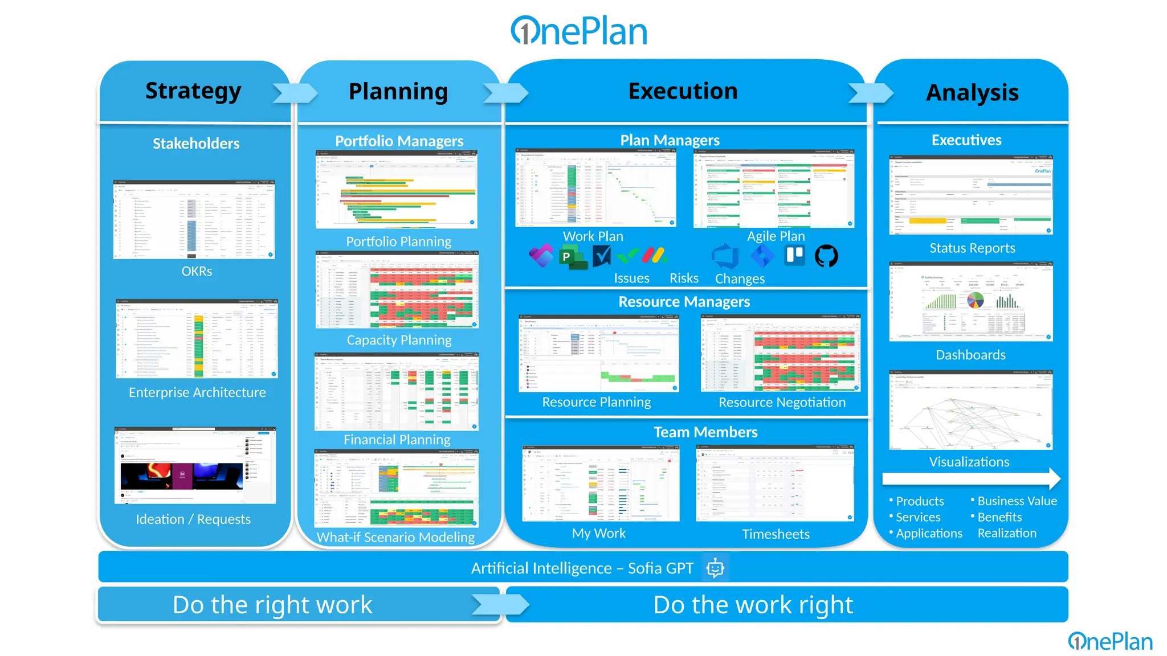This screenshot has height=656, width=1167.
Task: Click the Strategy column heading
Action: (193, 91)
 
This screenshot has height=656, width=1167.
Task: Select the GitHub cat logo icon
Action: (826, 256)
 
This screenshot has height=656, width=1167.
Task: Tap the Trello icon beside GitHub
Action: (795, 256)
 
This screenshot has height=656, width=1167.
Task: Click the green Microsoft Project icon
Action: (572, 257)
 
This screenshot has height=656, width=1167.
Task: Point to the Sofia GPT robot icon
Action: (715, 568)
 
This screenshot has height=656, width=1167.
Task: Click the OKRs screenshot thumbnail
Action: (194, 220)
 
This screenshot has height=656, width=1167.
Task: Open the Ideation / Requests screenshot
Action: (195, 465)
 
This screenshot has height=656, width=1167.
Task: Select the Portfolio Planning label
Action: (398, 241)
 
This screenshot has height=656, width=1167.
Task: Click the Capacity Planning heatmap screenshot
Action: (397, 290)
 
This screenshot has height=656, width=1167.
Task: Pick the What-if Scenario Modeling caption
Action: (395, 537)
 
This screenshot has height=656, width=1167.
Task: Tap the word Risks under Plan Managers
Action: (684, 278)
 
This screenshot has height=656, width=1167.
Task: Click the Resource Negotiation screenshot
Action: (780, 353)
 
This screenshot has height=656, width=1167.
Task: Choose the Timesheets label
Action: (776, 534)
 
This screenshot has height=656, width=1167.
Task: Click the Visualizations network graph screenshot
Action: (970, 411)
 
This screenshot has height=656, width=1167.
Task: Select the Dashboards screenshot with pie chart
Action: (970, 302)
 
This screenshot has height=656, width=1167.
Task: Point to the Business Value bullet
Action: (1017, 501)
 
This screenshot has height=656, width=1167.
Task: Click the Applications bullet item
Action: (928, 533)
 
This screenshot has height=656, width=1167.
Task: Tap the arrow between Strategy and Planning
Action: (295, 93)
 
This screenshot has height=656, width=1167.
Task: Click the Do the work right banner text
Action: (753, 605)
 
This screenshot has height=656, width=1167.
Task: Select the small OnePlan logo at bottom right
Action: (1109, 641)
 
